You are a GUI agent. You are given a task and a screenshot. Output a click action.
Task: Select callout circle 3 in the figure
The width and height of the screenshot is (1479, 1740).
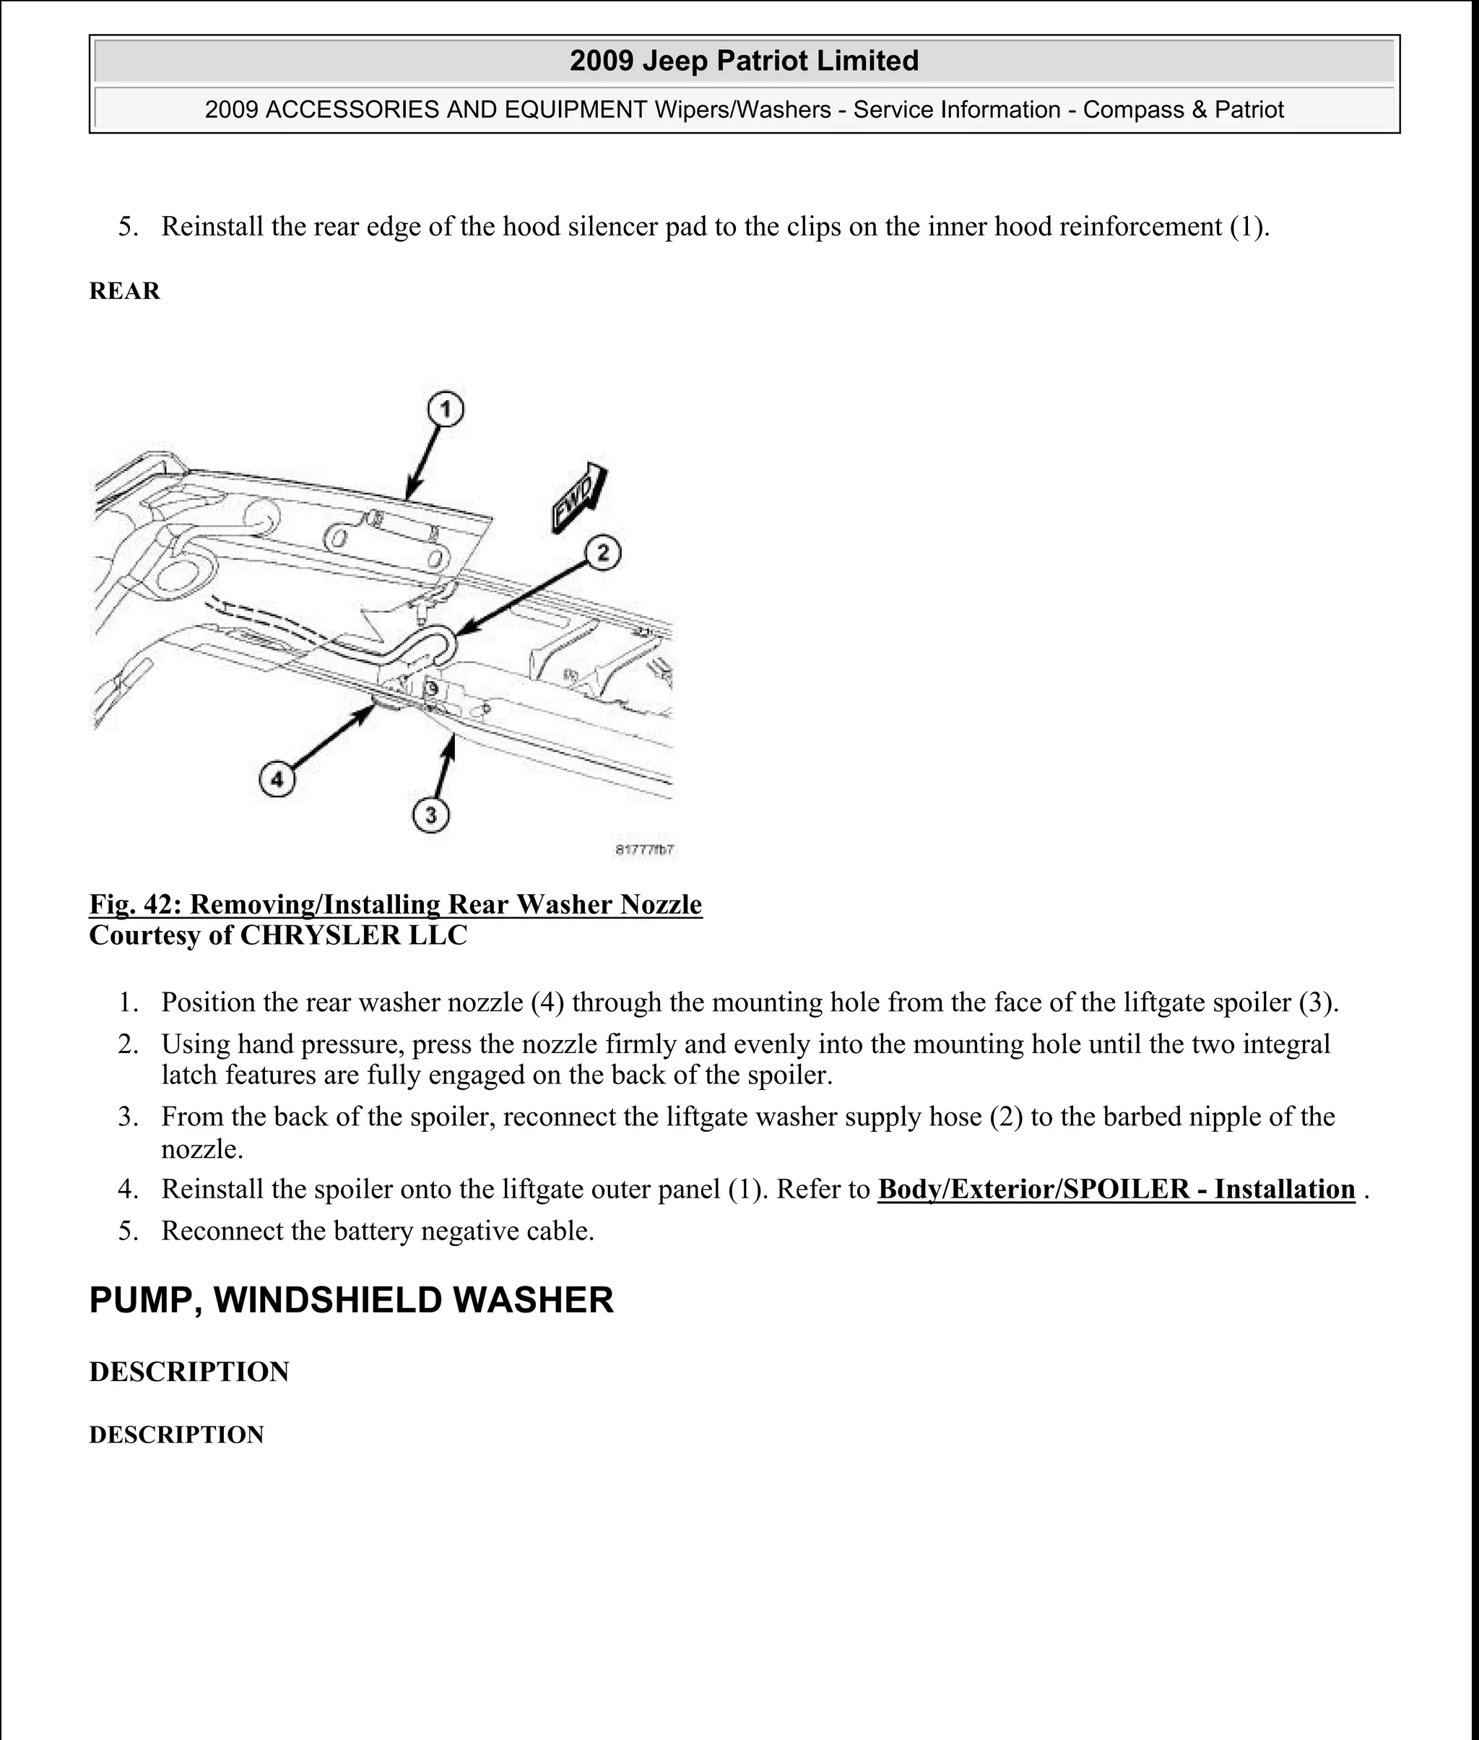(431, 815)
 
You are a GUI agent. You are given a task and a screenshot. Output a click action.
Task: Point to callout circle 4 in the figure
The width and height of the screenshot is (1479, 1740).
(277, 780)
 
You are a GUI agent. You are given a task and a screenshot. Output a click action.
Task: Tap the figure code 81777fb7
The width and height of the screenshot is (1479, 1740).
(645, 850)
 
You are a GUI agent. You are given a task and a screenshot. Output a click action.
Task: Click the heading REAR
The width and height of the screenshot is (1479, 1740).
(124, 291)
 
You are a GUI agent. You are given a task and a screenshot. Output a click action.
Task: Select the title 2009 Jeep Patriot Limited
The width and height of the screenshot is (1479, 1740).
(744, 61)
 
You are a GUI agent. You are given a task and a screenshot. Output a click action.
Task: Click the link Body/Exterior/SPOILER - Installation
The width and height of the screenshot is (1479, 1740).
(1116, 1189)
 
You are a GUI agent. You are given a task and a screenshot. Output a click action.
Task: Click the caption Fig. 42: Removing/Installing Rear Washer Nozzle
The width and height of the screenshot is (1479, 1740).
(395, 904)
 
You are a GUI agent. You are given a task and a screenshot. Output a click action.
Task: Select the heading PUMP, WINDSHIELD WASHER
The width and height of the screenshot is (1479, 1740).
(351, 1299)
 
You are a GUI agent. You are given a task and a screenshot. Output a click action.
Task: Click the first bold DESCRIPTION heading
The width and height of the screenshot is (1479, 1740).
(188, 1372)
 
